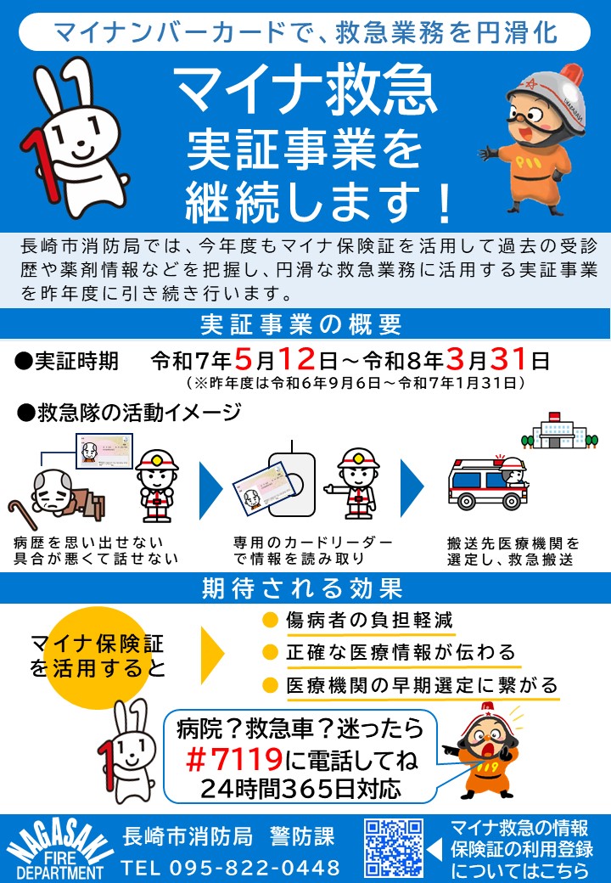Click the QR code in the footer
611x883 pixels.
(393, 848)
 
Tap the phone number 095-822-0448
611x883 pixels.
(231, 868)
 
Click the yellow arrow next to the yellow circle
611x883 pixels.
(212, 652)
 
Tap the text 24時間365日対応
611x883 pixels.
(300, 788)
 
